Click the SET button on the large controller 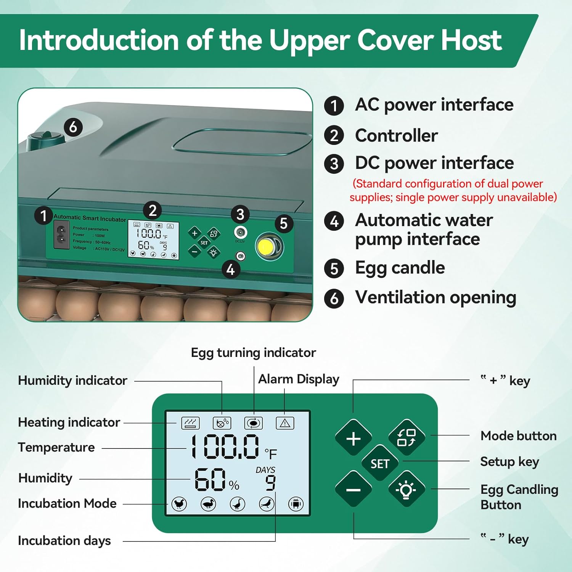[379, 463]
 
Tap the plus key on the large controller [353, 438]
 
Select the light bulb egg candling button [406, 489]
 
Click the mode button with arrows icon [406, 437]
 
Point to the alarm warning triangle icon [285, 423]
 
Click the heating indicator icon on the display [190, 423]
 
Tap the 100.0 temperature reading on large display [225, 447]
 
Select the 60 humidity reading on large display [210, 480]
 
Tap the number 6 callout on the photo [73, 127]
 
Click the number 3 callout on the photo [240, 215]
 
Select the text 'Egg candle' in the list [400, 268]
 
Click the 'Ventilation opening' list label [435, 297]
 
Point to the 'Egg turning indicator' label [253, 353]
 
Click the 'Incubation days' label [64, 540]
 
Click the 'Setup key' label [509, 462]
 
